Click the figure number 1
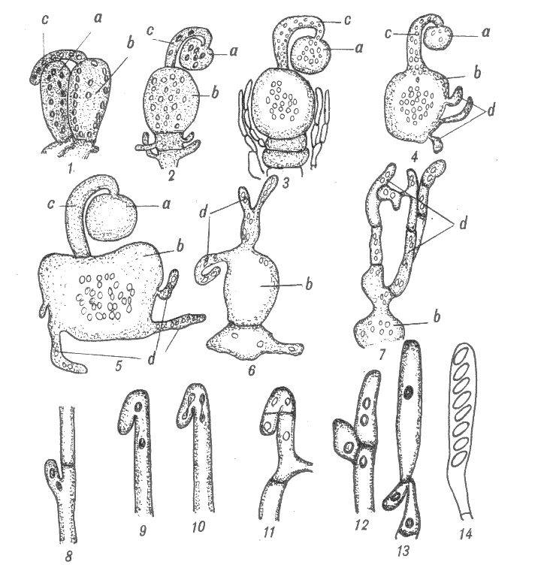(x=71, y=168)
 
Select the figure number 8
(x=70, y=557)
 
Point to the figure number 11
(x=269, y=531)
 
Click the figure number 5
(x=119, y=366)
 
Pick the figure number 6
(x=251, y=370)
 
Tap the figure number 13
(x=403, y=551)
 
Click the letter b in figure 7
(x=437, y=317)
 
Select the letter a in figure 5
(x=166, y=205)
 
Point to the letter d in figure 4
(x=491, y=110)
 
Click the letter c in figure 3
(x=347, y=20)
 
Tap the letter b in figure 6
(x=308, y=284)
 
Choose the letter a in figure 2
(x=234, y=52)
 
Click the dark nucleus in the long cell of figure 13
(x=409, y=390)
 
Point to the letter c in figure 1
(x=44, y=20)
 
